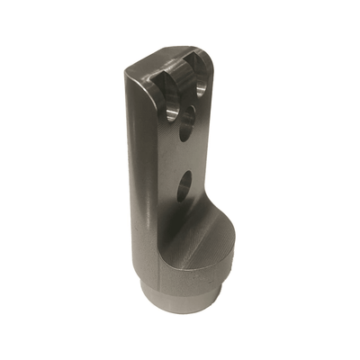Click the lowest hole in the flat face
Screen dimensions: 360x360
tap(184, 188)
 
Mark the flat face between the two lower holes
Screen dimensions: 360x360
tap(184, 157)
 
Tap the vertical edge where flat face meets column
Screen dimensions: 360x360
tap(154, 180)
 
